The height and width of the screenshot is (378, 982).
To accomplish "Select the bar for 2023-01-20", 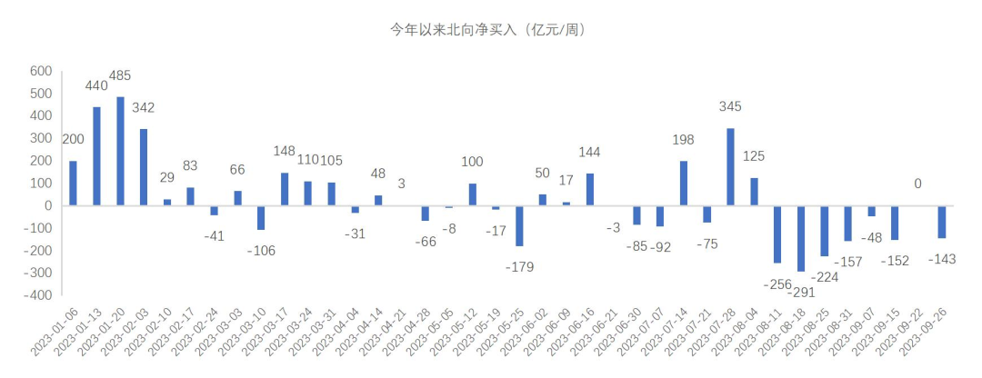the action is click(120, 151).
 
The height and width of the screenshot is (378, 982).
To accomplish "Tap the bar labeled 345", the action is click(730, 167).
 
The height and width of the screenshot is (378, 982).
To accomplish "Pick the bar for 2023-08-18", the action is click(801, 238).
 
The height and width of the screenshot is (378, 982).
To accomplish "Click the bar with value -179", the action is click(519, 225).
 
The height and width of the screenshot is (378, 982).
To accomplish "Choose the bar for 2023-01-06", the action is click(74, 184).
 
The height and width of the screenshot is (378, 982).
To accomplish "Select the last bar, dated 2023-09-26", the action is click(942, 222).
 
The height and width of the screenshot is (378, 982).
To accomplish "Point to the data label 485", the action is click(120, 75).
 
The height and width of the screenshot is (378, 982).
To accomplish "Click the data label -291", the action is click(801, 293).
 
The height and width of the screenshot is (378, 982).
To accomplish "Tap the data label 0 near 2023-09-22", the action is click(918, 184).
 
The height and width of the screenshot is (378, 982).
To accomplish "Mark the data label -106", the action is click(261, 250).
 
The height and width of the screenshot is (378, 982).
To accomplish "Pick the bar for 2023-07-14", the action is click(683, 184).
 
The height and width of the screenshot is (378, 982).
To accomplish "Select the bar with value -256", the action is click(777, 234).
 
